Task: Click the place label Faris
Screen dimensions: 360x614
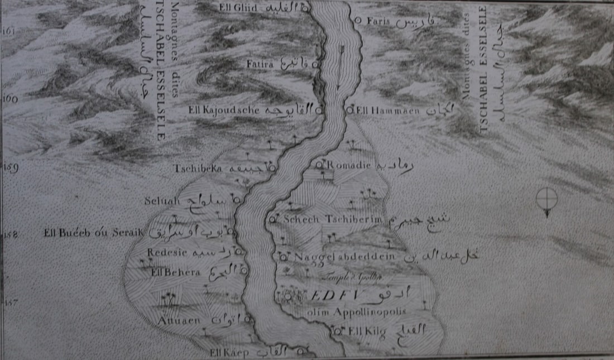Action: tap(378, 21)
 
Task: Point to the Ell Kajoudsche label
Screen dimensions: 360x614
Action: tap(224, 110)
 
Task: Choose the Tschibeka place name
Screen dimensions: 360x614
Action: tap(198, 168)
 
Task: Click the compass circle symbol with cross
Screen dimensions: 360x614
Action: tap(546, 198)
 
